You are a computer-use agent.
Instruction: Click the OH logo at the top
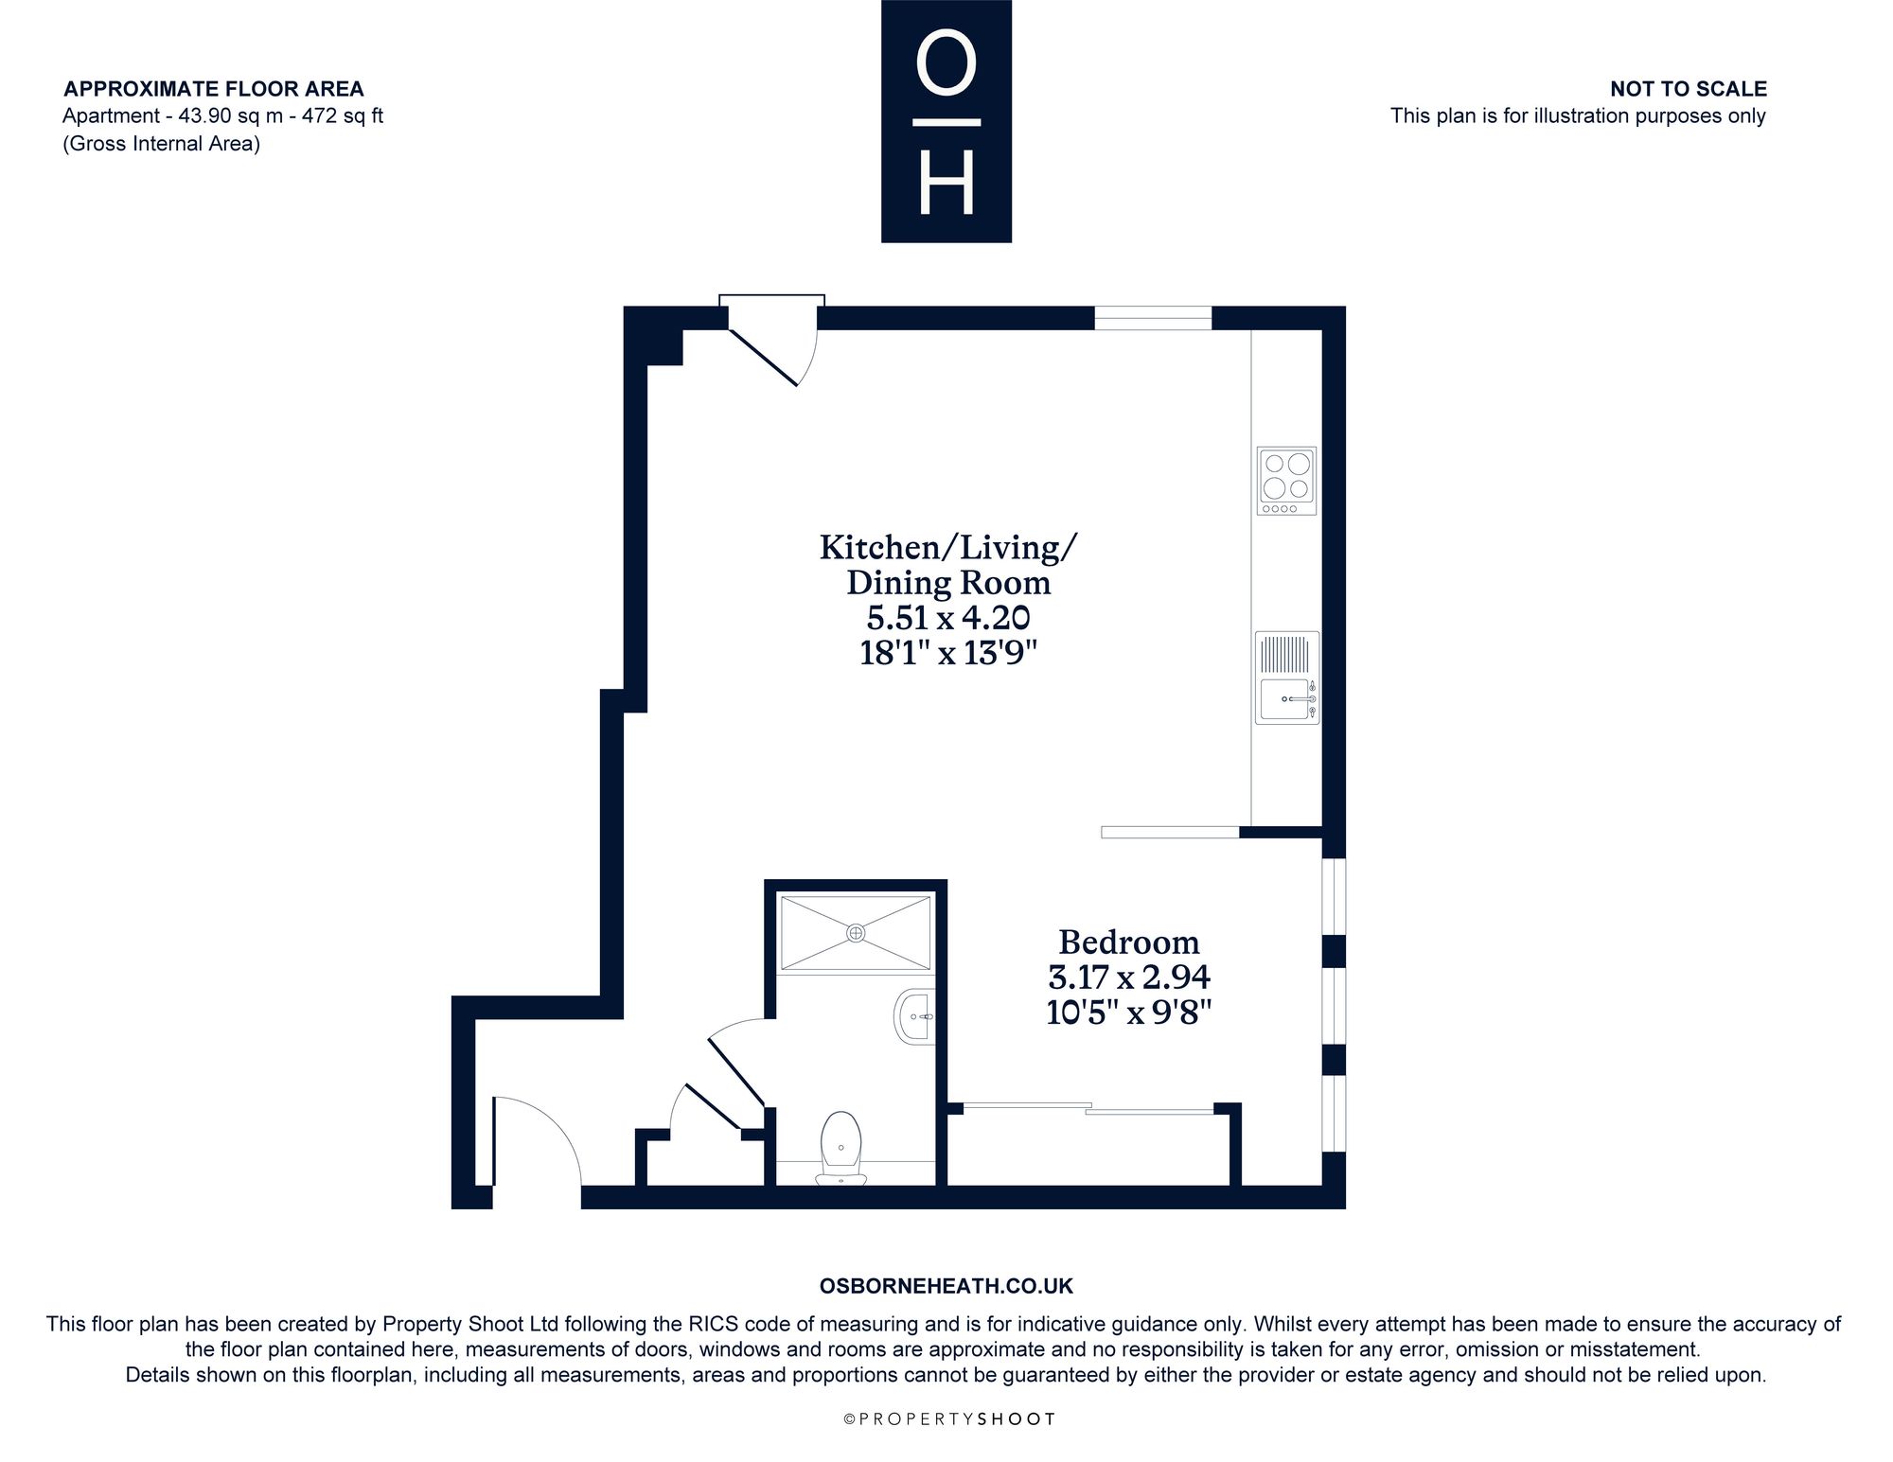(946, 121)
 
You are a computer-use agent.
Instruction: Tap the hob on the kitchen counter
(1286, 481)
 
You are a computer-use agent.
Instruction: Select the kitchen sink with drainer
(1287, 678)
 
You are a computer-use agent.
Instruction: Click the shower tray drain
(856, 933)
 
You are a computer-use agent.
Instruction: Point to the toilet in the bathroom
(841, 1149)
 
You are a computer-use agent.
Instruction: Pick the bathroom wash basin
(914, 1016)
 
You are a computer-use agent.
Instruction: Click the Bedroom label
(1128, 942)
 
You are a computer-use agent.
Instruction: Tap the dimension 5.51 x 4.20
(948, 618)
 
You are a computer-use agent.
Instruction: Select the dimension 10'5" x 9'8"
(1128, 1013)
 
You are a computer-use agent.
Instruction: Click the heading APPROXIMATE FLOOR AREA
(213, 89)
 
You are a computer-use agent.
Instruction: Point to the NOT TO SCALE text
(1689, 89)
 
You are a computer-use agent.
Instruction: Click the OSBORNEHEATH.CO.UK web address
(946, 1286)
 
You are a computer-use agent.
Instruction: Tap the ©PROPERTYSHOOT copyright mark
(948, 1418)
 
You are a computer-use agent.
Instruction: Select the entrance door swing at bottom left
(536, 1141)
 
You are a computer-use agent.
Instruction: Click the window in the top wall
(1153, 318)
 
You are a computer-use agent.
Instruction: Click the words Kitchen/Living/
(948, 548)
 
